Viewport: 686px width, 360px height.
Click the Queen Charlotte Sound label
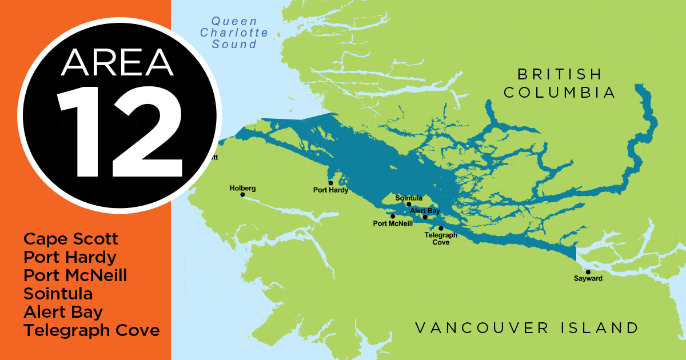234,32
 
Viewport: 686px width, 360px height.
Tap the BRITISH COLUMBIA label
560,83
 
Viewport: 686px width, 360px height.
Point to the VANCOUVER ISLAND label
527,328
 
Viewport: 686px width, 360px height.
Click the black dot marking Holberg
242,195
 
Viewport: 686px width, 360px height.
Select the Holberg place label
242,187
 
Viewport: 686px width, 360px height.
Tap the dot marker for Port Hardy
330,183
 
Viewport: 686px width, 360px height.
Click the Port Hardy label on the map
330,190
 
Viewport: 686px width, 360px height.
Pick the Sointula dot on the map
409,204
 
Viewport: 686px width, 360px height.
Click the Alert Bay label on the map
425,211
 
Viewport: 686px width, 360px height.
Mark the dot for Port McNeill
393,217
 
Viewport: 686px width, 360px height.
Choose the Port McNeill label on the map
393,224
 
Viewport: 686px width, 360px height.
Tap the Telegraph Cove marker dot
441,229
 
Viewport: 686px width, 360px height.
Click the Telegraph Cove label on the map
441,239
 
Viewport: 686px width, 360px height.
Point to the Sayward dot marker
588,272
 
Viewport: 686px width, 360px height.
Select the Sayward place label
588,279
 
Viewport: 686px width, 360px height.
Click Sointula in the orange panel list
58,294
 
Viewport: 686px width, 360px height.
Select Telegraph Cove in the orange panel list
91,330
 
